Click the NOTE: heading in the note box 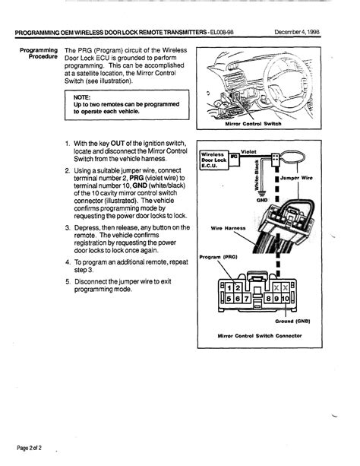(83, 97)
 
